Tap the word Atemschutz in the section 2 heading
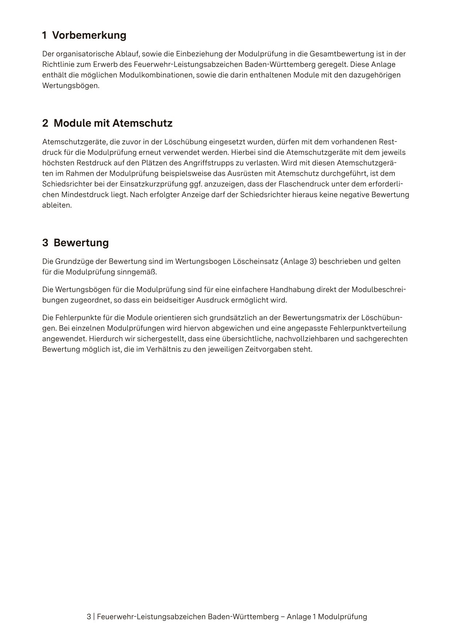(142, 123)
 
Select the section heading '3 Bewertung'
(76, 243)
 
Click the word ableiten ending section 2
(57, 205)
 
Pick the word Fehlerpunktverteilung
(368, 328)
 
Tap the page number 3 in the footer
(89, 616)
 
